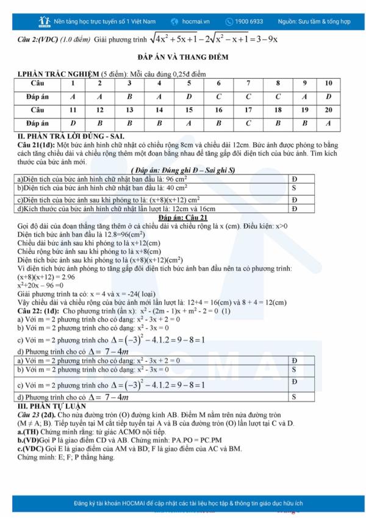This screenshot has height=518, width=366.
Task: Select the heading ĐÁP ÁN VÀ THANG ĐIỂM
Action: (x=183, y=57)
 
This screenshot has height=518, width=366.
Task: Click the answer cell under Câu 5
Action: (x=189, y=96)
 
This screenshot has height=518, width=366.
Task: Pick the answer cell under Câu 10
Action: (x=329, y=96)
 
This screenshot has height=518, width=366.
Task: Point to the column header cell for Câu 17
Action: (x=248, y=110)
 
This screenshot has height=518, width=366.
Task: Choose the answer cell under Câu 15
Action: (x=189, y=123)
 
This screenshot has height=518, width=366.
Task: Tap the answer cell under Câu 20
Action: (x=329, y=123)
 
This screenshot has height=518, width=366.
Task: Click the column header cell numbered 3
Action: (x=129, y=83)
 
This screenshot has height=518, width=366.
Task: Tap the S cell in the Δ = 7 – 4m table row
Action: (x=294, y=397)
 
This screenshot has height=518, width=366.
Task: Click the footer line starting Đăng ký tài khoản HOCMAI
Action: (x=183, y=504)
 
